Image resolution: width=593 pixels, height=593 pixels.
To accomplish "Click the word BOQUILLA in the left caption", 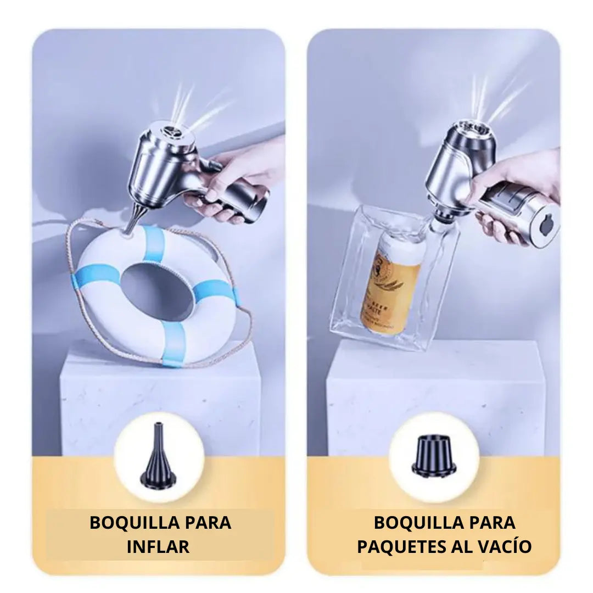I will [127, 522].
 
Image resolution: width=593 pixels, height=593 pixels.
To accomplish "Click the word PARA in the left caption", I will [208, 522].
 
